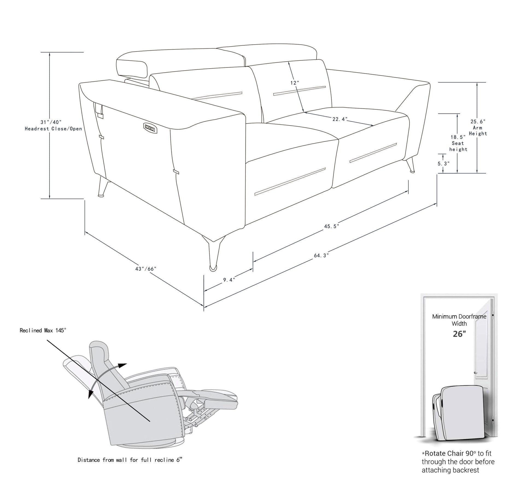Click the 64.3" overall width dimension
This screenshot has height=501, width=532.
(321, 255)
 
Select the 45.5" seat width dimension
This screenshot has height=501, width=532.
(331, 226)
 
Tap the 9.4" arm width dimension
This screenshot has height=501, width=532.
(229, 280)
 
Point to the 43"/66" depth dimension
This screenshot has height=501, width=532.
(145, 269)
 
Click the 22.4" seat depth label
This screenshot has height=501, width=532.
(340, 119)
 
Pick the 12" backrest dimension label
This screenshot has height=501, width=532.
(295, 83)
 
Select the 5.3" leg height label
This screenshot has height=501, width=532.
(443, 164)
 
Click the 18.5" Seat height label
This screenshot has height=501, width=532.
(458, 143)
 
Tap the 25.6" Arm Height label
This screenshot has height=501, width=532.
(478, 127)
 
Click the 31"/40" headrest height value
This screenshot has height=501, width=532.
(51, 122)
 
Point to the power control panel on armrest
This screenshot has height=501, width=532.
(150, 128)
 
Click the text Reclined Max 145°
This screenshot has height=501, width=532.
(43, 330)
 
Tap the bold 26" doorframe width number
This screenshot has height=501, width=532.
(459, 334)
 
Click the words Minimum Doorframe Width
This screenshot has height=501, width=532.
(459, 320)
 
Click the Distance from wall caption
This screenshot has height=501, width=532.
(130, 460)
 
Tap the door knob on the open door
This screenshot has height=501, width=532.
(476, 373)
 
